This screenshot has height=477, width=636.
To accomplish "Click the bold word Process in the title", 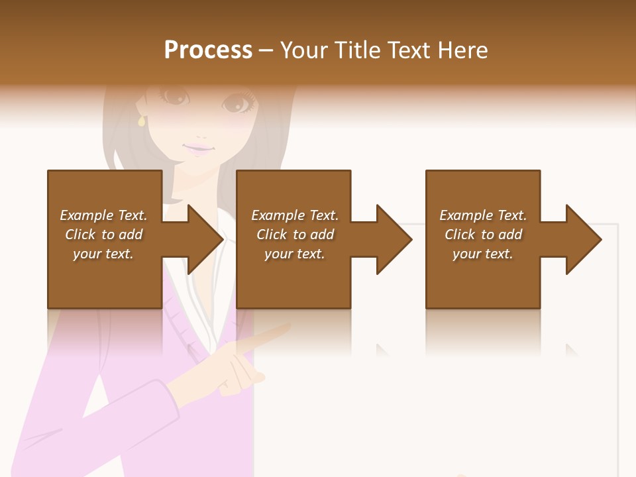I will (x=208, y=50).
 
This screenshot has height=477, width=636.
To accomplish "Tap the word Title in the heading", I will (x=356, y=50).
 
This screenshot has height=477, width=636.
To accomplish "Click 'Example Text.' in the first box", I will (x=103, y=215).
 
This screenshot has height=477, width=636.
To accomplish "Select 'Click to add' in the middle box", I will (x=295, y=235).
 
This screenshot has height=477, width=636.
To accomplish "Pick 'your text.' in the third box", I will (x=483, y=254).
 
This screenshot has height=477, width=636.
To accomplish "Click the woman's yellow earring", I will (x=140, y=121).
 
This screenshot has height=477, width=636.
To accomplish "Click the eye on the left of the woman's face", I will (x=175, y=97).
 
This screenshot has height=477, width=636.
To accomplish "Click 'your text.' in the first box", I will (x=103, y=254).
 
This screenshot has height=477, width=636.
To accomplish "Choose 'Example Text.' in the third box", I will (x=483, y=215).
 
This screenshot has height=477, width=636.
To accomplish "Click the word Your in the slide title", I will (x=305, y=50).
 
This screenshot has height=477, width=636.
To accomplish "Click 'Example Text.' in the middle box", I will (x=295, y=215).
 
